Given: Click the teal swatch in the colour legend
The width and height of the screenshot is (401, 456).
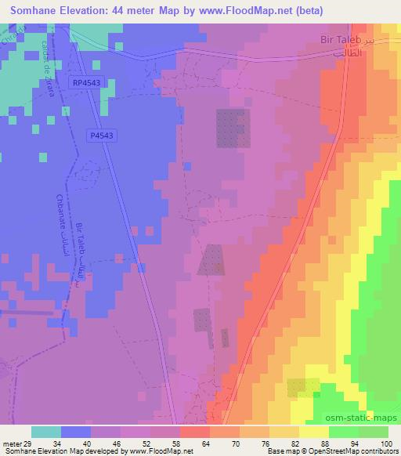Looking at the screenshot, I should pos(47,432).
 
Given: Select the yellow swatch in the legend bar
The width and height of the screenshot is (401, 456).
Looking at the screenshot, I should pos(314,432).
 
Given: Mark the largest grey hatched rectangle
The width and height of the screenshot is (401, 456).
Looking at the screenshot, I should pos(233,128).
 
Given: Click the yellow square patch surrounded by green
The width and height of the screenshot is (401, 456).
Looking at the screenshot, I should pos(303,387).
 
